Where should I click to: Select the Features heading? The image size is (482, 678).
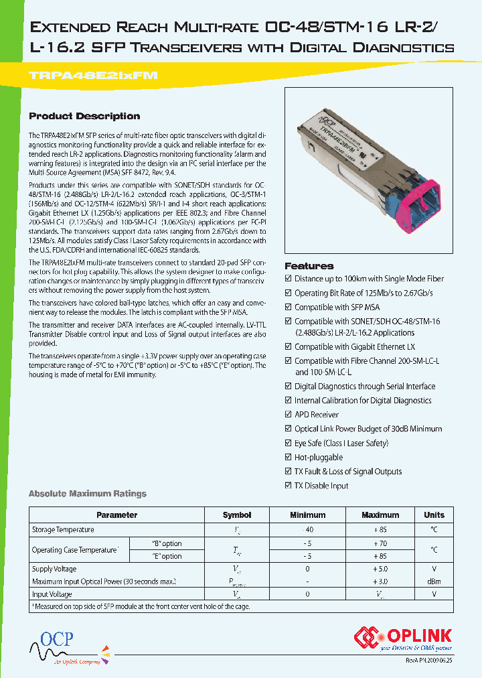pos(309,266)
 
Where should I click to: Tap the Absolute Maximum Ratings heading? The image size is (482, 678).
pos(87,494)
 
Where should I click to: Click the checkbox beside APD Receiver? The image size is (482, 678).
pos(289,415)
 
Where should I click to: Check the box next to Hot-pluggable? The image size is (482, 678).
pos(289,457)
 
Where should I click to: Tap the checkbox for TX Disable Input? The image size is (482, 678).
pos(289,485)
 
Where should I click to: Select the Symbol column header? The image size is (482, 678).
pos(237,515)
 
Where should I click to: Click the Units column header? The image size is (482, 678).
pos(434,515)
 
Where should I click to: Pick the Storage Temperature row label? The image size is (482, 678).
pos(63,530)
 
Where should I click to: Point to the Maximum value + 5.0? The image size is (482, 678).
pos(380,569)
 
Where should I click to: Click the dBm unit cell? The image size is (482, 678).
pos(434,582)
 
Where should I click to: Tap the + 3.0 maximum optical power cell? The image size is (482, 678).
pos(380,582)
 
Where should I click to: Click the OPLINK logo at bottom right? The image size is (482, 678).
pos(403,638)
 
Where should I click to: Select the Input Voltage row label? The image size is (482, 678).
pos(52,594)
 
